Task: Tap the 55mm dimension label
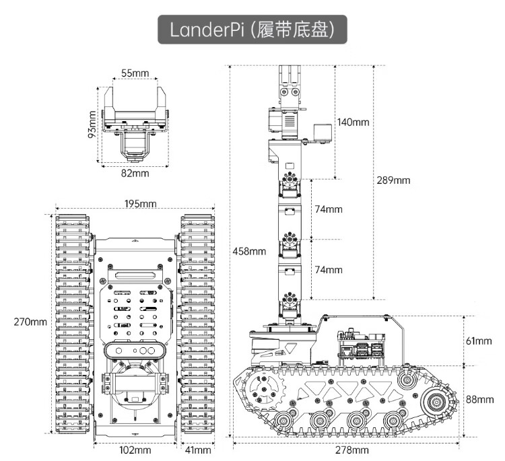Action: [135, 72]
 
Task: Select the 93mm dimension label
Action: [92, 123]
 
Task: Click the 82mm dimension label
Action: [135, 174]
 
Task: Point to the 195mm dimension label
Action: [140, 204]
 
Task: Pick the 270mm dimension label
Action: [30, 321]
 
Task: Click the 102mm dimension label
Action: [135, 450]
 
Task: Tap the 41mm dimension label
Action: [199, 450]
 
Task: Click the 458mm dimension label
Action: [248, 251]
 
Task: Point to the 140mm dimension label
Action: [354, 122]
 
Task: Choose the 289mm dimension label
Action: [393, 180]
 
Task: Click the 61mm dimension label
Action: [479, 341]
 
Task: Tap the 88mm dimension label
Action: [479, 399]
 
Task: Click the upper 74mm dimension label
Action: [329, 209]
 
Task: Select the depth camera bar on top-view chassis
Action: [135, 351]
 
